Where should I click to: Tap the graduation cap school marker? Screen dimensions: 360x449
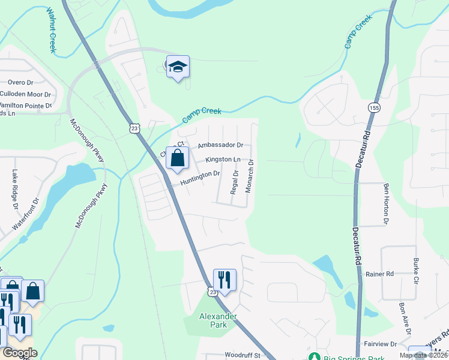[178, 66]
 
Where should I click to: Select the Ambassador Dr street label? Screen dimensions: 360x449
[220, 145]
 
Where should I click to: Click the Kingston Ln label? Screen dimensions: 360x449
[223, 160]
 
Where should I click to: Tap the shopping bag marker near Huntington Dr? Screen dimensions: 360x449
[177, 159]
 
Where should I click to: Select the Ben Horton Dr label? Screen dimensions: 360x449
[386, 202]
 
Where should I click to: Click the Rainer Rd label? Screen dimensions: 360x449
[379, 274]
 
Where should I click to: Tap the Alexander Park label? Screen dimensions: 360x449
[218, 320]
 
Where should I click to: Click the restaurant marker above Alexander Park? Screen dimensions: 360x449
[224, 280]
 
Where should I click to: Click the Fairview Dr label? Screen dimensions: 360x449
[381, 344]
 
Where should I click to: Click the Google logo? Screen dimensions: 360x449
[20, 353]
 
